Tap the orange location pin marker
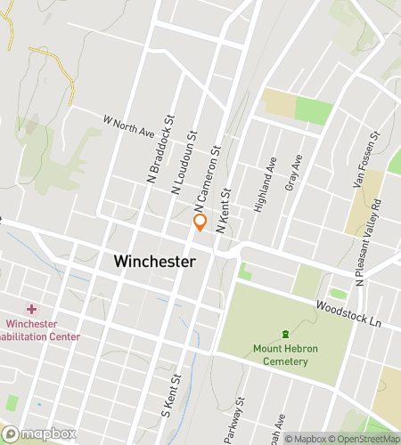coord(200,222)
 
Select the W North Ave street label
coord(129,125)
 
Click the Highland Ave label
coord(265,184)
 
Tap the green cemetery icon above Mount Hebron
coord(285,334)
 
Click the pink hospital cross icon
coord(32,309)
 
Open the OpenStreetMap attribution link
coord(364,438)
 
